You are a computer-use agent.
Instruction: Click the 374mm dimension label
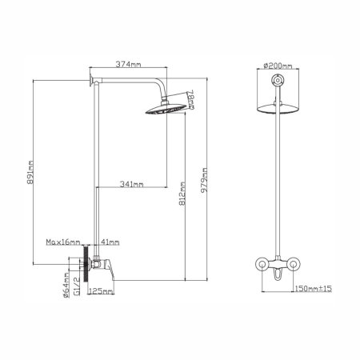(x=128, y=64)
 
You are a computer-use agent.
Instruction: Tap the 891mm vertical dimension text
(x=30, y=172)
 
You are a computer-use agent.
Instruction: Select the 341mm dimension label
(x=131, y=184)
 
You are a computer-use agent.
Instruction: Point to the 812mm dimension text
(x=182, y=194)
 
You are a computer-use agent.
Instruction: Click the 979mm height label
(x=204, y=180)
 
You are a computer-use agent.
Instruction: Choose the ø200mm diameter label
(x=278, y=66)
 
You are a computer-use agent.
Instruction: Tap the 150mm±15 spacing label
(x=314, y=288)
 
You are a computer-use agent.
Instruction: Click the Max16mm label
(x=63, y=242)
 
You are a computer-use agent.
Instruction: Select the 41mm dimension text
(x=110, y=242)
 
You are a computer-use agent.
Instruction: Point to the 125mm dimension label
(x=101, y=291)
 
